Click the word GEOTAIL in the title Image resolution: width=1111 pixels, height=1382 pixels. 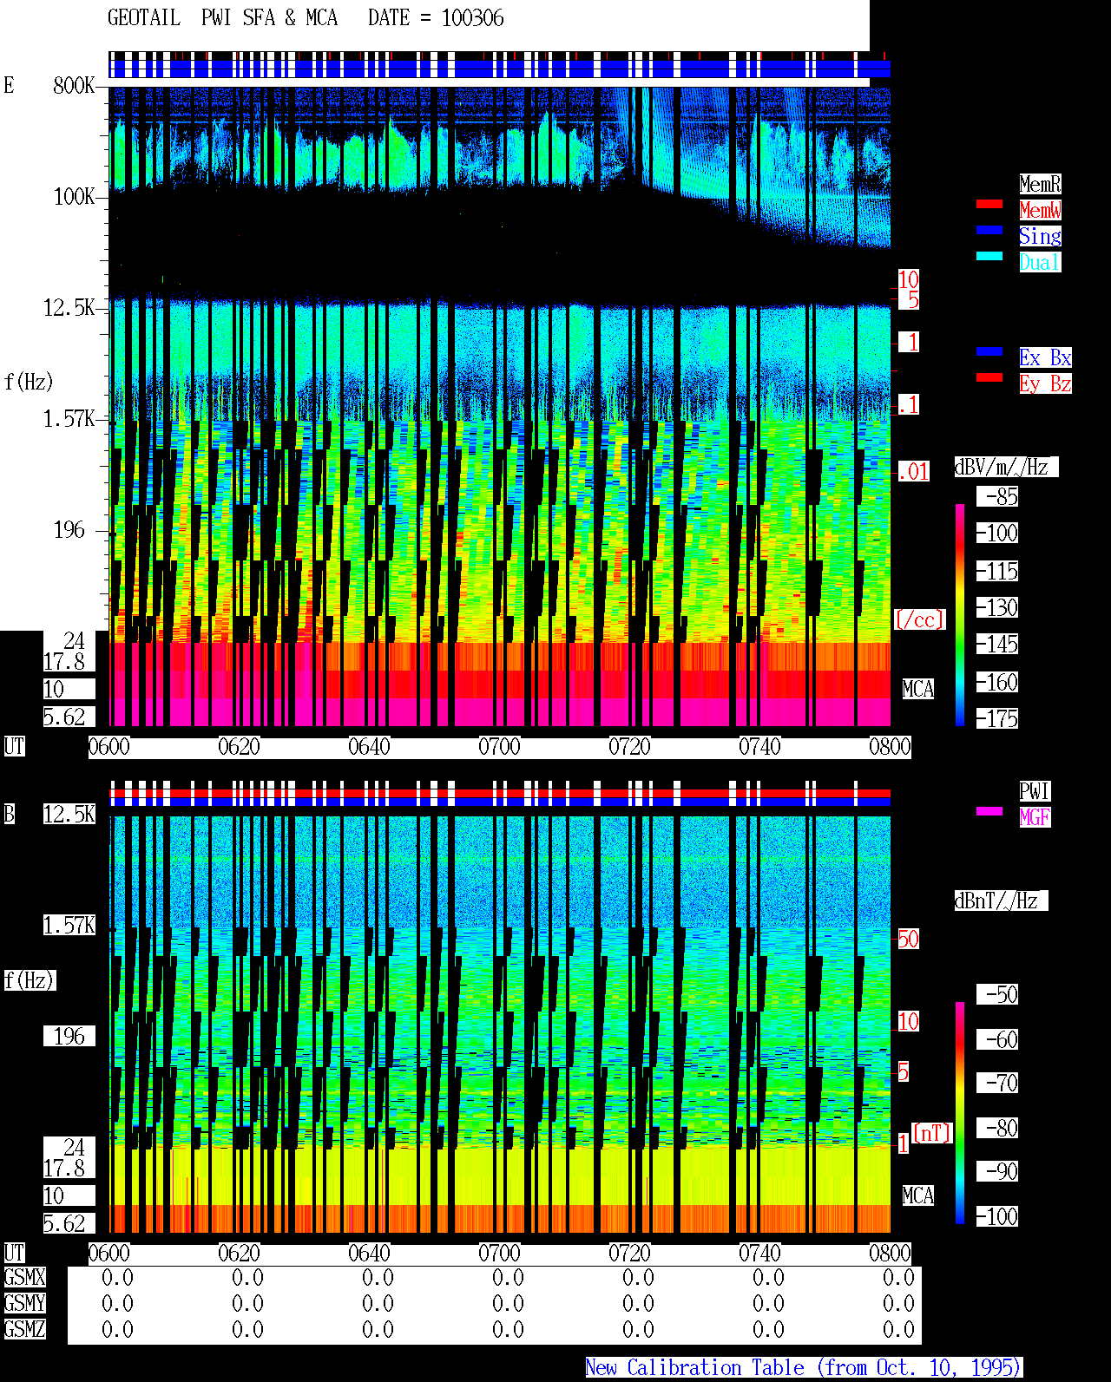[144, 18]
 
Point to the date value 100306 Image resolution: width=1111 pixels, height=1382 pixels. [473, 18]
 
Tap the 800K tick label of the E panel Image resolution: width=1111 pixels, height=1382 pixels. [74, 85]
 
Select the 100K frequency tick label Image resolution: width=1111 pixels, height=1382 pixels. [74, 197]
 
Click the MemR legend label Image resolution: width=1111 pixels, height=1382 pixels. [1041, 184]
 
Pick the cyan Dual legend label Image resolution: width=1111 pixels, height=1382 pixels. [1041, 262]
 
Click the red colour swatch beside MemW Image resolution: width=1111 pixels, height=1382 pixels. [989, 204]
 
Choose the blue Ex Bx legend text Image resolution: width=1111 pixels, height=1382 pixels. [1045, 357]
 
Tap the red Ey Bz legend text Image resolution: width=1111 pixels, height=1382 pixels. [1045, 383]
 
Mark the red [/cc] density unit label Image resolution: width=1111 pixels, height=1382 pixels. [919, 619]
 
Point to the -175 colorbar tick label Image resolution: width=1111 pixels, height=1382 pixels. [997, 718]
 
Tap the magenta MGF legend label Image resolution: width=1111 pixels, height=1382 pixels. [1035, 817]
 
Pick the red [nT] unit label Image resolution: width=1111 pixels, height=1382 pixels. [931, 1133]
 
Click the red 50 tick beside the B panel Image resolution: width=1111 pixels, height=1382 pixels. [909, 939]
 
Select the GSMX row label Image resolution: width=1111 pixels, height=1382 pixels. [25, 1277]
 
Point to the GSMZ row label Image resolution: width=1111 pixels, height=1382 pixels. [25, 1329]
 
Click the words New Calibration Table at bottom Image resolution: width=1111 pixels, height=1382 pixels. [694, 1367]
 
